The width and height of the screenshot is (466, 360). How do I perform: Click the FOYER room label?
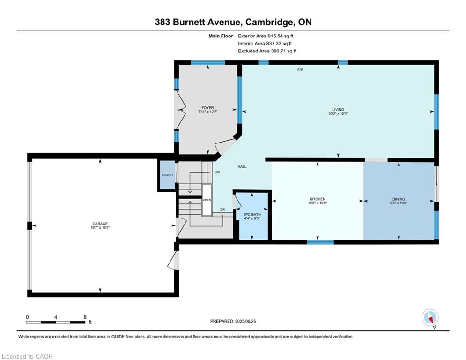pyautogui.click(x=208, y=108)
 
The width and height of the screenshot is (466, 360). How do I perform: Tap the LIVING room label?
pyautogui.click(x=338, y=110)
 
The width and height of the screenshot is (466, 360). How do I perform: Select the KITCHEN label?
pyautogui.click(x=318, y=199)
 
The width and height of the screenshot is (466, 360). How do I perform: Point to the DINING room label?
pyautogui.click(x=399, y=199)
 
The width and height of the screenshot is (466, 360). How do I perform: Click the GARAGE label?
pyautogui.click(x=100, y=224)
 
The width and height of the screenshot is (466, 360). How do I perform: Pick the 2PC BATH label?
pyautogui.click(x=252, y=215)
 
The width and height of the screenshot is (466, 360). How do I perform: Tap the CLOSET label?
pyautogui.click(x=167, y=175)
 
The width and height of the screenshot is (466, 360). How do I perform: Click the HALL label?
pyautogui.click(x=242, y=167)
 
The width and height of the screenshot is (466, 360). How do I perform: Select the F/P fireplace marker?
pyautogui.click(x=300, y=70)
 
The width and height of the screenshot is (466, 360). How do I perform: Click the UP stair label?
pyautogui.click(x=217, y=172)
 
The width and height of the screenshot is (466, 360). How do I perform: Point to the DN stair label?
pyautogui.click(x=222, y=210)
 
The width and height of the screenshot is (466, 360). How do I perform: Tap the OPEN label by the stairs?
pyautogui.click(x=207, y=200)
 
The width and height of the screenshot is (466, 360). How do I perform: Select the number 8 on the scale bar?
pyautogui.click(x=85, y=317)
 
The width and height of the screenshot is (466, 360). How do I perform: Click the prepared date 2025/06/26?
pyautogui.click(x=245, y=321)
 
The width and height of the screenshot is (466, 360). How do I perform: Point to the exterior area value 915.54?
pyautogui.click(x=274, y=36)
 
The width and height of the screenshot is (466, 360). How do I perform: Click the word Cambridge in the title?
pyautogui.click(x=269, y=22)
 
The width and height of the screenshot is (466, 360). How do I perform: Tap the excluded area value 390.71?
pyautogui.click(x=277, y=51)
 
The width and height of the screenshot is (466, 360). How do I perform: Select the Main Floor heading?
pyautogui.click(x=221, y=36)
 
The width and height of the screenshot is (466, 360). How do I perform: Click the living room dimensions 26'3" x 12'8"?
pyautogui.click(x=338, y=113)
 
